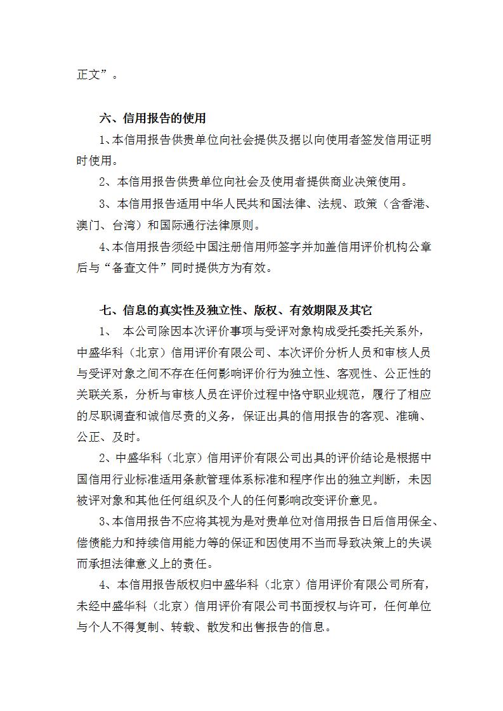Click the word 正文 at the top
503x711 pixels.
click(86, 75)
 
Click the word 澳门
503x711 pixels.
click(86, 225)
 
